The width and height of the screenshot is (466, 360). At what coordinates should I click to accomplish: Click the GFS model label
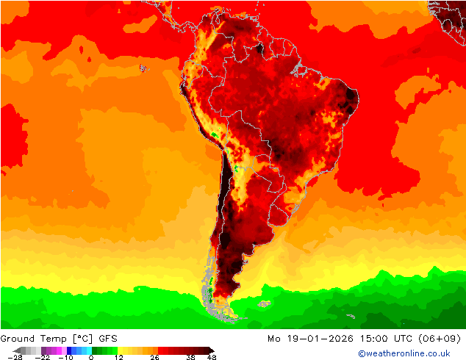pos(107,339)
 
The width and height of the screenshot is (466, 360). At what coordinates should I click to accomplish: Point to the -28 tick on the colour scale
pos(15,357)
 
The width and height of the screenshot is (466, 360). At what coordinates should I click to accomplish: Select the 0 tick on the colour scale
pos(91,357)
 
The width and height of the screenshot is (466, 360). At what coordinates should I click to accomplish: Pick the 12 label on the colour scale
pos(118,357)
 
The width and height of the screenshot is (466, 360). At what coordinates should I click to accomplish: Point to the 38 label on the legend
pos(190,357)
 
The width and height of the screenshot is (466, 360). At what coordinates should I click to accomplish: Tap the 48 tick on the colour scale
pos(212,357)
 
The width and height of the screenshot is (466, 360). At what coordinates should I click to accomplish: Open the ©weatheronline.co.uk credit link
pos(404,353)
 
